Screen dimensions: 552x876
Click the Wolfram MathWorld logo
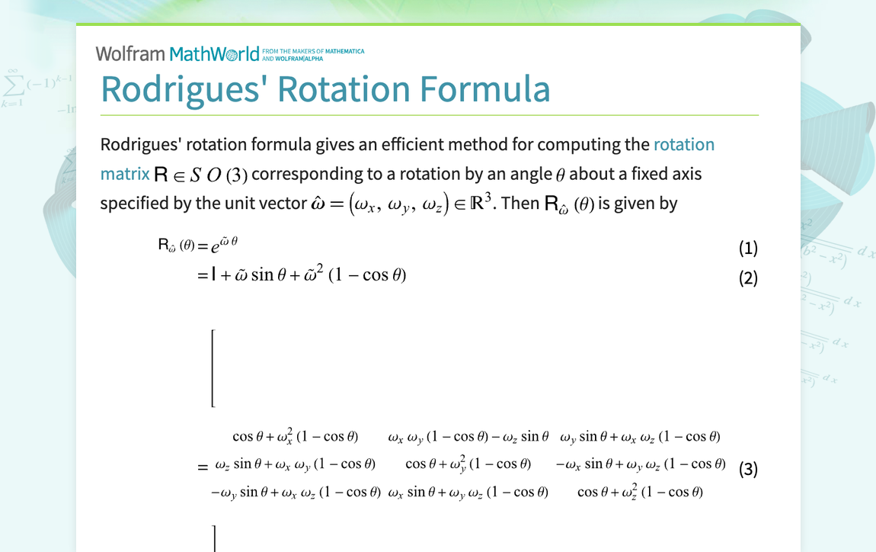click(x=177, y=53)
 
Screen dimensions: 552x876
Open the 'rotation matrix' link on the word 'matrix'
click(x=125, y=174)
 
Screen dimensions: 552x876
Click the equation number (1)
click(x=748, y=248)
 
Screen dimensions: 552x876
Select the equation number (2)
click(x=748, y=278)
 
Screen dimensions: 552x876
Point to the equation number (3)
click(x=748, y=469)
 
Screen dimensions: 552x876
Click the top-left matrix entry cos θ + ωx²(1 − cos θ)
click(x=296, y=437)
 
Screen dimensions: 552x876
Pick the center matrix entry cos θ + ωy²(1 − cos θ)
click(x=468, y=464)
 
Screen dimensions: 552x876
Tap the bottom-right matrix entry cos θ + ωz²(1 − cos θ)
click(x=640, y=492)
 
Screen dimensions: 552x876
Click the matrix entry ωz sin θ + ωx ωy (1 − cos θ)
click(x=296, y=464)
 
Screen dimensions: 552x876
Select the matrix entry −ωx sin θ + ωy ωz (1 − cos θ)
click(x=640, y=464)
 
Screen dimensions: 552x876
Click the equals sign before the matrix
click(x=203, y=467)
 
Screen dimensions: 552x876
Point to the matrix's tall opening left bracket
click(x=213, y=368)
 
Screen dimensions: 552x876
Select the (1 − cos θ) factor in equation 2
click(x=367, y=274)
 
